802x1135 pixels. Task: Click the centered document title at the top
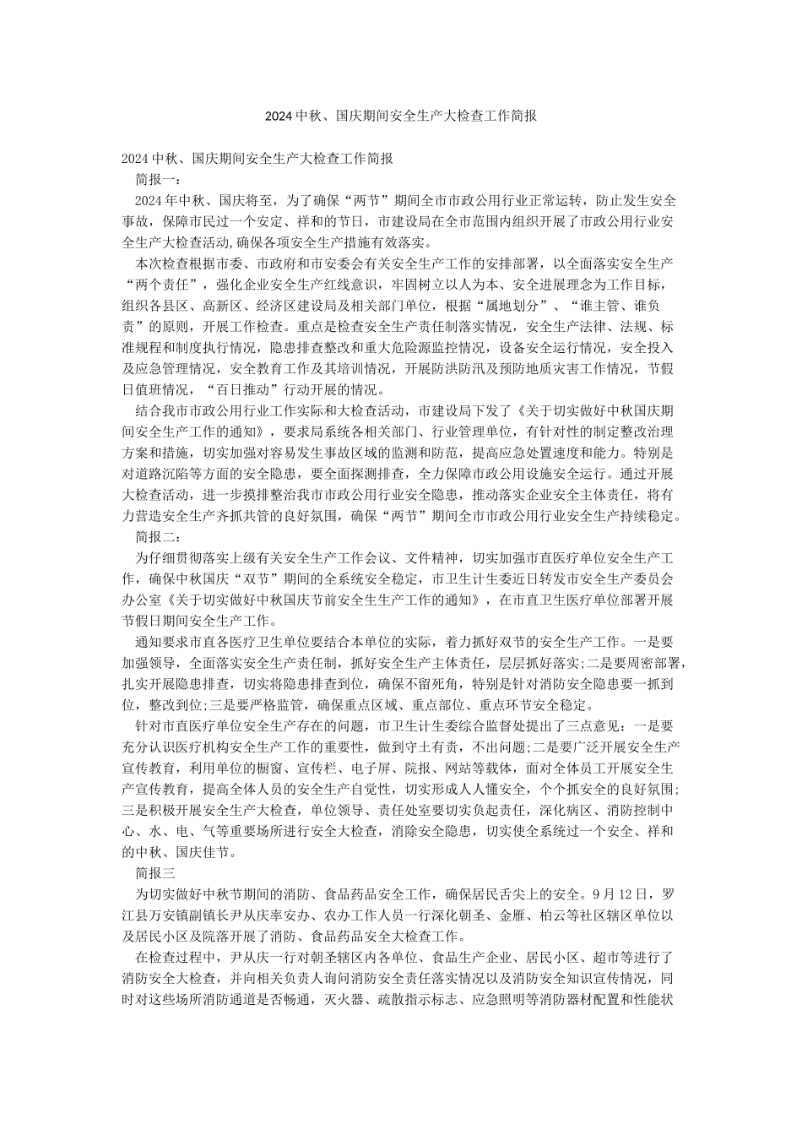click(x=400, y=116)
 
